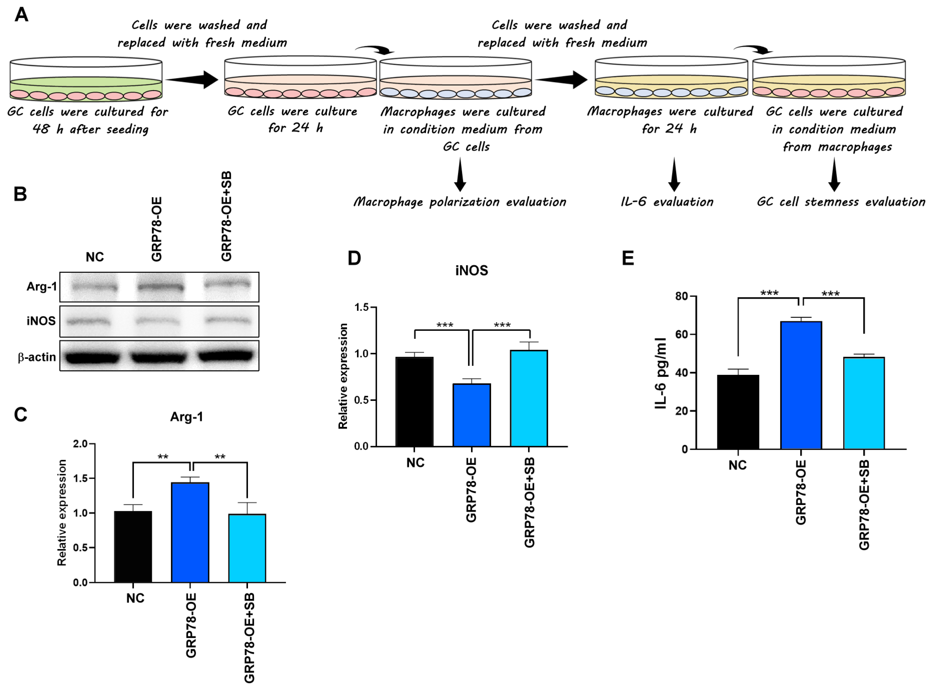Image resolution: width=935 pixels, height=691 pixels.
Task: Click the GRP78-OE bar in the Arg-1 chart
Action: (x=190, y=532)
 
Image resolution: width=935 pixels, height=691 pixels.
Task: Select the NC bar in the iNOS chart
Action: (x=414, y=401)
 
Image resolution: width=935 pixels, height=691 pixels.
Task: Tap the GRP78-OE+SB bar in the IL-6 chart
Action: (x=864, y=403)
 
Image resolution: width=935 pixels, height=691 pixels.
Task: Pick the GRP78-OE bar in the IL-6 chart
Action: (x=801, y=385)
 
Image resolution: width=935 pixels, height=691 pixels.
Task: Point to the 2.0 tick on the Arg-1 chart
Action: (x=80, y=444)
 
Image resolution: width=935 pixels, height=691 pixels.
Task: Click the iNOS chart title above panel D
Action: (x=471, y=271)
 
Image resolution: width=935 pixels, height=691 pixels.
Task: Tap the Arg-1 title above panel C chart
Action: (x=186, y=417)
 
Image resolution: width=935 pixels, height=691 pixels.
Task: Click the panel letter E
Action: (x=628, y=258)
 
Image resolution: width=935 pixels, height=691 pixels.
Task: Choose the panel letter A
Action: (x=21, y=15)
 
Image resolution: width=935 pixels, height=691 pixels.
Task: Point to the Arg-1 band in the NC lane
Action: (x=95, y=287)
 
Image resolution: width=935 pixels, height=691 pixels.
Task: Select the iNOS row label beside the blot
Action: (x=41, y=321)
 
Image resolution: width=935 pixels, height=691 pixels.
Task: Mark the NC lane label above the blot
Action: (x=95, y=257)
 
